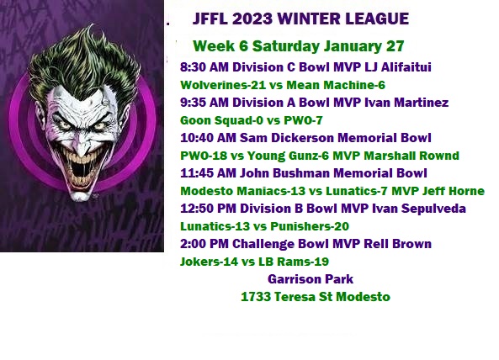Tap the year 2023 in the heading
tap(252, 19)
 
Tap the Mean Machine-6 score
tap(336, 85)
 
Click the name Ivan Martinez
tap(406, 103)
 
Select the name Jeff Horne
tap(454, 191)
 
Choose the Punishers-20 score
tap(310, 226)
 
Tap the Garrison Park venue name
tap(311, 279)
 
